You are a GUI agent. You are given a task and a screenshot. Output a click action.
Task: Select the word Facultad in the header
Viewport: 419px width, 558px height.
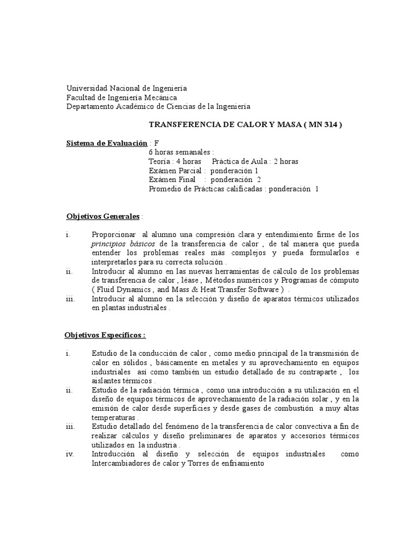(x=81, y=98)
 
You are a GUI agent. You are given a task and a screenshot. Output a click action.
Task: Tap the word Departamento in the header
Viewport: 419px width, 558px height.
(x=89, y=107)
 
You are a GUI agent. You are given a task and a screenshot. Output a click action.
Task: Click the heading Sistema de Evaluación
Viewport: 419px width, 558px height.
(x=107, y=143)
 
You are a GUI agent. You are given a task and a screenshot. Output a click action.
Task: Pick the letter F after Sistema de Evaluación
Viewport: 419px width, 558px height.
(x=157, y=143)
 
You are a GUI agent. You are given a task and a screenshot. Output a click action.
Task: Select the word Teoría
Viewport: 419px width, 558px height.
(x=159, y=162)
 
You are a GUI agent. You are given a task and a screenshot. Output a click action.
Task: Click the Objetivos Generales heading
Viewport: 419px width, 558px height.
(x=103, y=216)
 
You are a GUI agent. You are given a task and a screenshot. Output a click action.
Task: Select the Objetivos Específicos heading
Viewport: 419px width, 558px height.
(x=105, y=335)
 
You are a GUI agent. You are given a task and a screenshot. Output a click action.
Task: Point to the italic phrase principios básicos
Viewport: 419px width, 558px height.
(x=123, y=244)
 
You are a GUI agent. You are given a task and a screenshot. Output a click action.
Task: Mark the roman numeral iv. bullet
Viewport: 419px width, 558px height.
(x=70, y=454)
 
